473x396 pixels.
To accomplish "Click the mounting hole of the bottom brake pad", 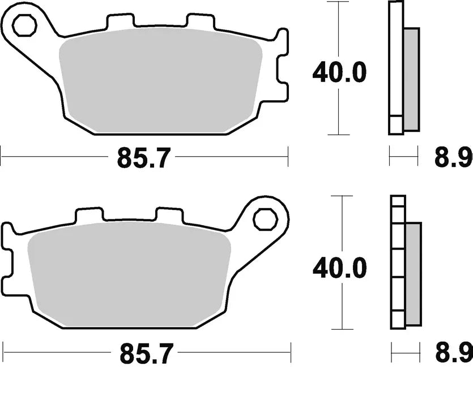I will pos(263,219).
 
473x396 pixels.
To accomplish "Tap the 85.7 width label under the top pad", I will pos(143,158).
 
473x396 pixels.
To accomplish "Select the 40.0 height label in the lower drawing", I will pos(340,268).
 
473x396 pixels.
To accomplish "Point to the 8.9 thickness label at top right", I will pos(453,158).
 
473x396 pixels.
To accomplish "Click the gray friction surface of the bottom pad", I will pos(129,274).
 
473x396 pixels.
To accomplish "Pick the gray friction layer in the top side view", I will pos(411,79).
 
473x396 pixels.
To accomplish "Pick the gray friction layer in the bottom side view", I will pos(414,274).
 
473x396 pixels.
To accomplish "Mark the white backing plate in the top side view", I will pos(395,68).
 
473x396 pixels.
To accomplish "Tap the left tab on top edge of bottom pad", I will pos(90,215).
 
